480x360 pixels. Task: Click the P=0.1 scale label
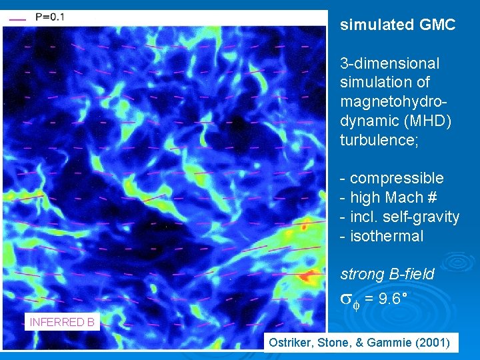pos(50,17)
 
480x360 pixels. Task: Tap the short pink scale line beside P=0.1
pos(18,19)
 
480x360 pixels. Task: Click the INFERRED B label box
pos(62,322)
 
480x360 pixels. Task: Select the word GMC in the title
pos(438,25)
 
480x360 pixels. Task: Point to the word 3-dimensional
pos(389,63)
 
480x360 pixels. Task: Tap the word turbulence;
pos(379,140)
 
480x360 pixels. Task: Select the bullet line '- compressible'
pos(391,178)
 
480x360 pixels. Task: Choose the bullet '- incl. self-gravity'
pos(399,217)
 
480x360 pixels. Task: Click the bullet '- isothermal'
pos(381,236)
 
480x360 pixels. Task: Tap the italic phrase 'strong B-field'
pos(387,274)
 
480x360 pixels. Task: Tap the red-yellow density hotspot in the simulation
pos(307,275)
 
